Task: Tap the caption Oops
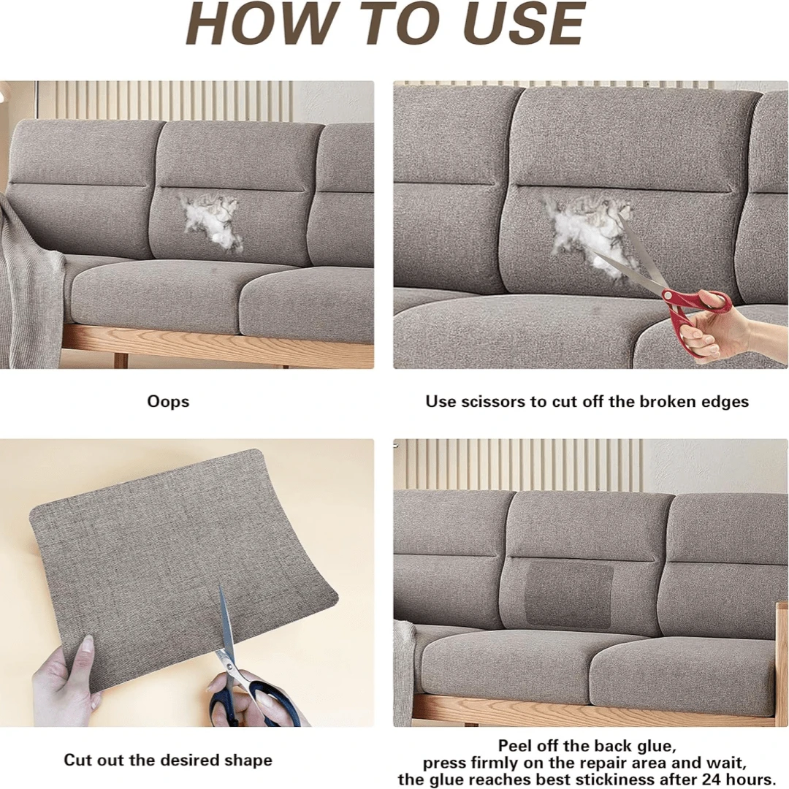(168, 402)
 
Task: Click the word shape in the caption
(249, 761)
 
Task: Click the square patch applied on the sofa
(569, 594)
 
